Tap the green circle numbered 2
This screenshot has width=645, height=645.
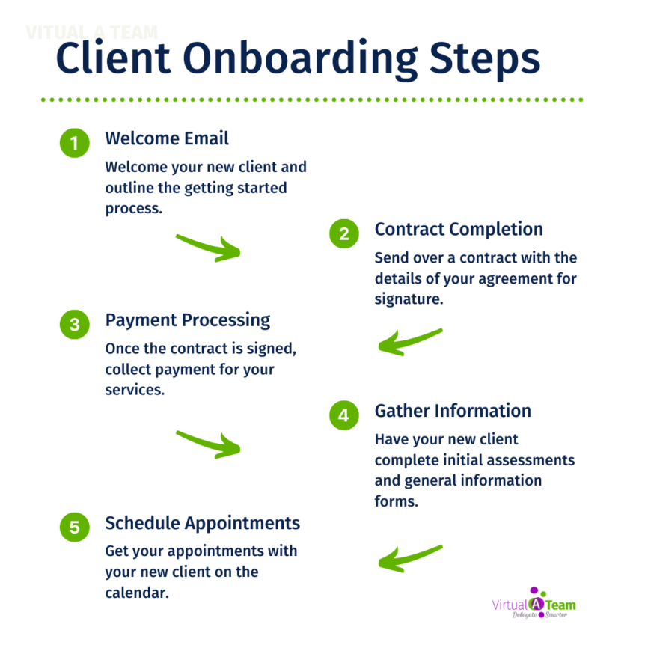[x=343, y=233]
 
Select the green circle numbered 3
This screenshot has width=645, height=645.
[x=74, y=324]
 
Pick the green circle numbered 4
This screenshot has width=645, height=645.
[x=343, y=415]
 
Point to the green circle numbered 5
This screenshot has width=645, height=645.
[x=74, y=527]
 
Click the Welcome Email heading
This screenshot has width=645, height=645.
[x=167, y=138]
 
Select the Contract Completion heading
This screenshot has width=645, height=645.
[x=459, y=229]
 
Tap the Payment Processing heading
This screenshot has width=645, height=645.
[x=187, y=320]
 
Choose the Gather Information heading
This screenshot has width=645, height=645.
[x=453, y=411]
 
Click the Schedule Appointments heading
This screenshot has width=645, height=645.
[x=202, y=522]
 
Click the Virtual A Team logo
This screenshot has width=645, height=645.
[x=534, y=604]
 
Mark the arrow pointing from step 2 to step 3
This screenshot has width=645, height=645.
[x=410, y=342]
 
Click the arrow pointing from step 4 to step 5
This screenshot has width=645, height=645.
[x=410, y=557]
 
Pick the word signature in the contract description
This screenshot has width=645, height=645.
[x=409, y=299]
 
